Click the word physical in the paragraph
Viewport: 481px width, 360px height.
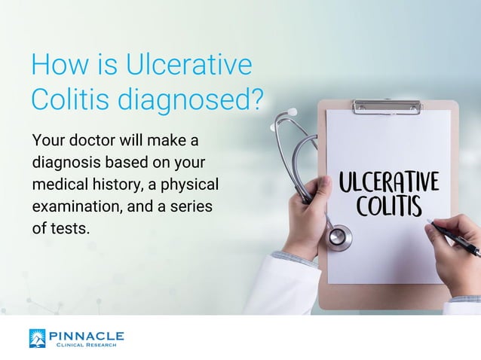[190, 184]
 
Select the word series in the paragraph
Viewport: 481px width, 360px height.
[191, 206]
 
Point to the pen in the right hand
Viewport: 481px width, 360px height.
[456, 236]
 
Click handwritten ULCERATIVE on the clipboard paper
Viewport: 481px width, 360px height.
[388, 182]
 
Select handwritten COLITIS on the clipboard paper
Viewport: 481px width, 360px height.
[390, 205]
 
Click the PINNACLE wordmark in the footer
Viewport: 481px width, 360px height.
[85, 335]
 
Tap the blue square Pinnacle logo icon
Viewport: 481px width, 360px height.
[37, 338]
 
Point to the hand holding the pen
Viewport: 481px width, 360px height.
[452, 256]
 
